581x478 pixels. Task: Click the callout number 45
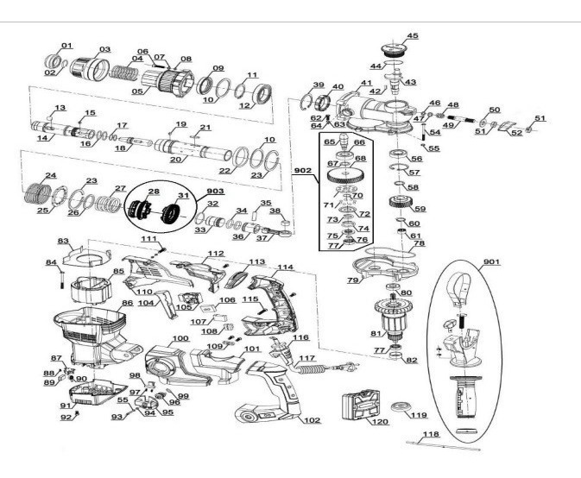[x=413, y=35]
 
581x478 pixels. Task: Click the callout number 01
[x=66, y=45]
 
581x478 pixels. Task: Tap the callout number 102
[x=312, y=420]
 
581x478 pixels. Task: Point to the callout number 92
[x=66, y=418]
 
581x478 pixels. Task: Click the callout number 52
[x=515, y=132]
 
